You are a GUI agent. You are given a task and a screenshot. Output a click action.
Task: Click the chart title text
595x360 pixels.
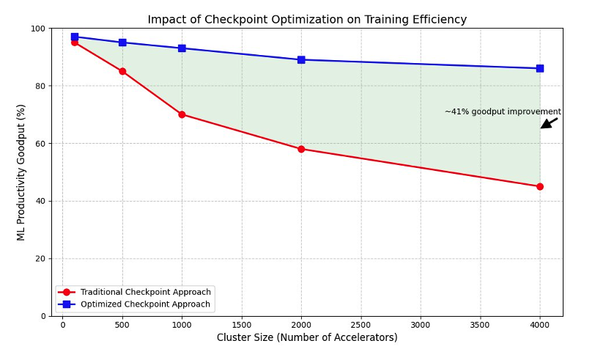point(307,20)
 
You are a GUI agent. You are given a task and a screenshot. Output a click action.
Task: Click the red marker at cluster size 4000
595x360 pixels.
point(540,186)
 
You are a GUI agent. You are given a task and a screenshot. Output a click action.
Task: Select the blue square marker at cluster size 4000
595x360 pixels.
point(540,68)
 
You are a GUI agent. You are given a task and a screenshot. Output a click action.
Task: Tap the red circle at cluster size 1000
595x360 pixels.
point(182,114)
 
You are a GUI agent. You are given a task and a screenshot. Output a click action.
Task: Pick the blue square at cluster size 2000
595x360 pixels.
point(301,59)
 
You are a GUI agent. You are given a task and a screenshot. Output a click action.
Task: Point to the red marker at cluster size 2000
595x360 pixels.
point(301,149)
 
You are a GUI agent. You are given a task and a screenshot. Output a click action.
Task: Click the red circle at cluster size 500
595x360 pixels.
point(122,71)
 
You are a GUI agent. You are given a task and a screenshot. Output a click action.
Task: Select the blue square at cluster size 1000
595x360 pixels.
point(182,48)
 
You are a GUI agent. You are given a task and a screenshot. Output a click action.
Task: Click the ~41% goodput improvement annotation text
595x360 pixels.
point(503,111)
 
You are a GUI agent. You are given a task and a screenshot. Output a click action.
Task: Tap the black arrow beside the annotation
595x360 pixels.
point(549,122)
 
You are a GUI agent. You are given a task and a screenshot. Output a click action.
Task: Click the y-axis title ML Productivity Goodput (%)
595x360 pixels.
point(21,172)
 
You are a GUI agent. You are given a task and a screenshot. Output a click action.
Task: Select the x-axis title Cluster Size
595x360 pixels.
point(307,338)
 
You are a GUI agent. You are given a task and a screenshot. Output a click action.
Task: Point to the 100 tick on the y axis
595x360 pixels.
point(38,29)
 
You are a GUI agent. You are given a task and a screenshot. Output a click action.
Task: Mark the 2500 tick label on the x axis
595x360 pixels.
point(361,324)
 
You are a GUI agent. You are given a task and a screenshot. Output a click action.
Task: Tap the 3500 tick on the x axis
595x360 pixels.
point(480,324)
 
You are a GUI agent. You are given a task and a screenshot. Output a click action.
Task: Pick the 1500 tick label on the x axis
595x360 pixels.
point(241,324)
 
